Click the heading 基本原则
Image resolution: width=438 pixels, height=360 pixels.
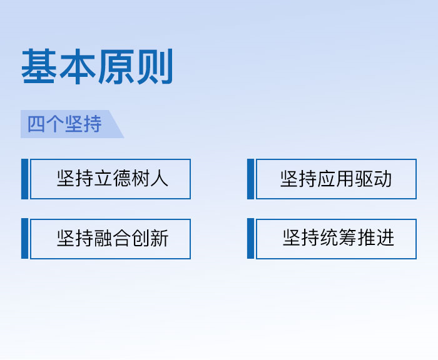pos(97,66)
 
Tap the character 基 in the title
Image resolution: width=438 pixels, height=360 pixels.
pos(39,66)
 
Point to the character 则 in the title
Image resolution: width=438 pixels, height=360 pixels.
pos(155,66)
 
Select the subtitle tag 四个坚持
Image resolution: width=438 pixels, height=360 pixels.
pos(72,124)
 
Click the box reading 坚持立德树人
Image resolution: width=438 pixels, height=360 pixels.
pos(110,179)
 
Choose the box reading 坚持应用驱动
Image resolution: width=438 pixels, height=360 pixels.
pos(337,179)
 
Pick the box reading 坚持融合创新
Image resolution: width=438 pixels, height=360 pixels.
pos(110,239)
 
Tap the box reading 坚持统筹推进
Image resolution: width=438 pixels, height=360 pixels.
pos(337,239)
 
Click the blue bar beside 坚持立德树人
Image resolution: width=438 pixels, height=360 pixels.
pos(25,179)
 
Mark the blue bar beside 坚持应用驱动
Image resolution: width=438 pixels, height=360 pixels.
pos(250,179)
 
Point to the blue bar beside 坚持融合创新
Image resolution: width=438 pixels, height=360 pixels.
pos(25,239)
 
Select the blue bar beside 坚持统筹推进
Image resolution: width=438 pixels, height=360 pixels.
pos(250,239)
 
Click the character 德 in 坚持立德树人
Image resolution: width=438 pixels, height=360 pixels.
pos(122,179)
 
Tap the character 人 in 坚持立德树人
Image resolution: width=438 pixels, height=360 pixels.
pos(159,179)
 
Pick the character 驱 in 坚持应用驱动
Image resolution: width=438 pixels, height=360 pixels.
pos(364,179)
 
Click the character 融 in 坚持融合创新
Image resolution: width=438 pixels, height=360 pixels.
pos(103,238)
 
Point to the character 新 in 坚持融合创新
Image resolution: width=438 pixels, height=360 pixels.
pos(159,238)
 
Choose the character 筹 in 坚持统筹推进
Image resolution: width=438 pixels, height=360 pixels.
pos(348,237)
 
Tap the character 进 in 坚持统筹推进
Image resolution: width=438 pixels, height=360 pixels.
pos(385,237)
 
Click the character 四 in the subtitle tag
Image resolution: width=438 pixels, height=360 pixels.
pos(36,124)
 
